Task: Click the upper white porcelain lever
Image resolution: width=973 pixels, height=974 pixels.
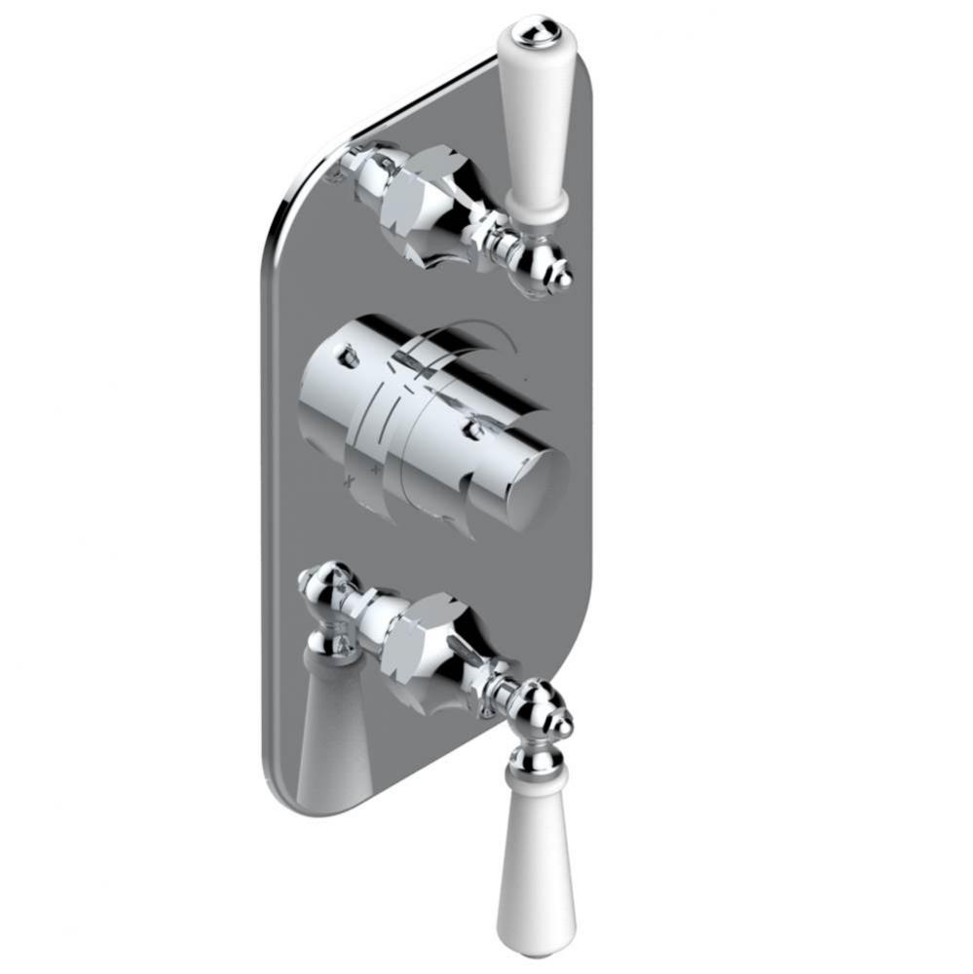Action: pos(535,117)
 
